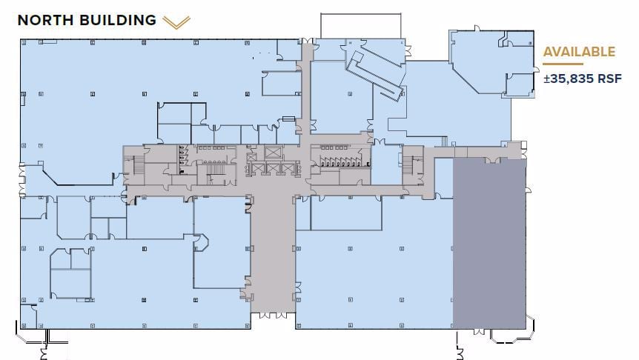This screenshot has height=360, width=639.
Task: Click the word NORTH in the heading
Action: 44,20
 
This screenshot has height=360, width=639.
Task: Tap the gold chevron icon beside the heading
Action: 176,22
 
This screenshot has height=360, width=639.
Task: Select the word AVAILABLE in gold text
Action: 579,52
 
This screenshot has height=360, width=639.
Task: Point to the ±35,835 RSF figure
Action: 582,78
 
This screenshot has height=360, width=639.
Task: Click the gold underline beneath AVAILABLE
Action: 563,64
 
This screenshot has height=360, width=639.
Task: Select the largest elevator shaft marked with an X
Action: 273,153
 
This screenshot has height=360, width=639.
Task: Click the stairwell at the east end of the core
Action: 411,164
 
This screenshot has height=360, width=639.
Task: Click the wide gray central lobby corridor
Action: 272,244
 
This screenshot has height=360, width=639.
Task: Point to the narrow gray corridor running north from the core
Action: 304,89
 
